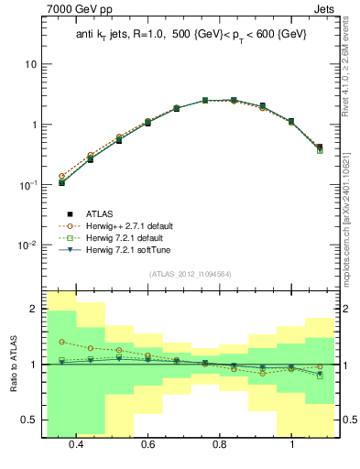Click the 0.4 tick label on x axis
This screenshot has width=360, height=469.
tap(76, 444)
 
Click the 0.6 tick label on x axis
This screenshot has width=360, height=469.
tap(147, 444)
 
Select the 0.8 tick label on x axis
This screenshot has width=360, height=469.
tap(220, 444)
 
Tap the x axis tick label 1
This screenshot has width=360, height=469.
tap(291, 444)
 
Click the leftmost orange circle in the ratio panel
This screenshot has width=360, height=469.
tap(61, 342)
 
